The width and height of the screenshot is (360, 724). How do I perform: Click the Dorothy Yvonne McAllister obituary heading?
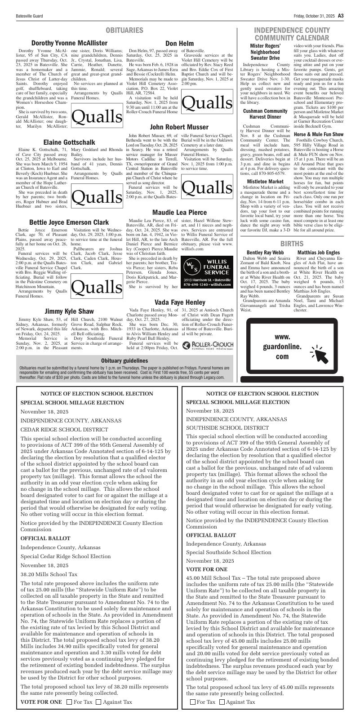coord(69,43)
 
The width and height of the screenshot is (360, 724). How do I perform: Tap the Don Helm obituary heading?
coord(180,44)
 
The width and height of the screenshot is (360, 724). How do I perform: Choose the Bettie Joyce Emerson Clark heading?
coord(69,222)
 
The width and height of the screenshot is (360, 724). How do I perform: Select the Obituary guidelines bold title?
coord(124,361)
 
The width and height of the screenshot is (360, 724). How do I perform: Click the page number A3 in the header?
coord(341,16)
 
